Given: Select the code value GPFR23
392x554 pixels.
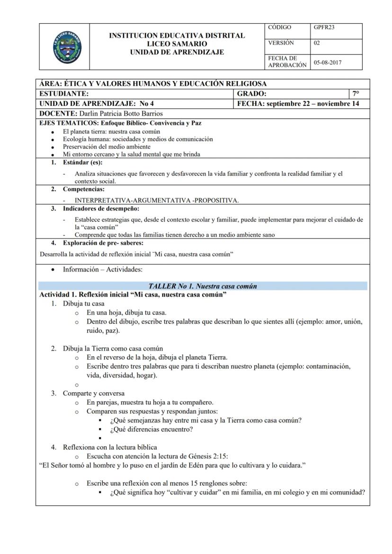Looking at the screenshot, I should coord(324,27).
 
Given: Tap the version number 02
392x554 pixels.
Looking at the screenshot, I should coord(317,43).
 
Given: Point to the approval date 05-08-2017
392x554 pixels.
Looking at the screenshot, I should coord(328,62).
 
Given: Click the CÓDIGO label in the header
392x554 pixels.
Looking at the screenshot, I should coord(279,27).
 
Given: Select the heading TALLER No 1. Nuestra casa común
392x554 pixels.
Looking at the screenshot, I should coord(203,286).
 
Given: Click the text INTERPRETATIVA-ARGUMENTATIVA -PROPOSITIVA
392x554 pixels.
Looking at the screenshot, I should coord(156,200).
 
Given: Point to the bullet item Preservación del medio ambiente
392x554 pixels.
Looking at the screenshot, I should coord(107,147).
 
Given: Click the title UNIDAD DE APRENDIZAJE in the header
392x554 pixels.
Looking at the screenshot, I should coord(177,52).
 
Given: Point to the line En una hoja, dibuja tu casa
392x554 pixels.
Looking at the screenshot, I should coord(126,313).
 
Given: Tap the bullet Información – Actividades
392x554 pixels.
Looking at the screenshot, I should coord(102,270).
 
